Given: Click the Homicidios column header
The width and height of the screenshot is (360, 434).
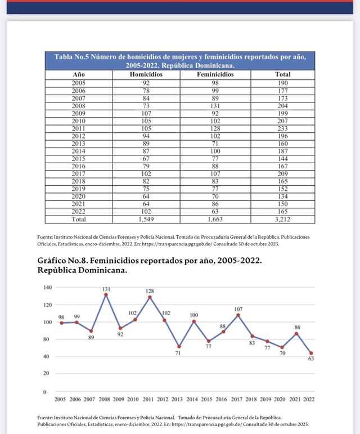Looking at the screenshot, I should point(146,74).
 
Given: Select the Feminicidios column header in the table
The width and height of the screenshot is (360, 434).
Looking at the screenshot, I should point(215,74).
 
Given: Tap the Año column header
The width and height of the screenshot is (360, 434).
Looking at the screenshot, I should point(79,74).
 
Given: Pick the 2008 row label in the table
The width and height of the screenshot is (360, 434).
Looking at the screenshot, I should point(79,105).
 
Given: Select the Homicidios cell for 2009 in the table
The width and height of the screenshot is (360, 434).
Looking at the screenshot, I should point(146,113).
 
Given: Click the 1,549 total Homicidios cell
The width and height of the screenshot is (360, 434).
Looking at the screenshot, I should point(146,219).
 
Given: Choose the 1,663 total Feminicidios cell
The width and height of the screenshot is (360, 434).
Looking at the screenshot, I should point(215,219).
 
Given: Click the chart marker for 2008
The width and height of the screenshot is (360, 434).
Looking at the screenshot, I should point(106,294).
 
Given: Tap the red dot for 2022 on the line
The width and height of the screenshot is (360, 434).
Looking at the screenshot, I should point(311,353).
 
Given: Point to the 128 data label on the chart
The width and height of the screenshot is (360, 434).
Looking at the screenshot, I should point(150,290).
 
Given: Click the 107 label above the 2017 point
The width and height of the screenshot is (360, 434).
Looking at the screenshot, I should point(238,308).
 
